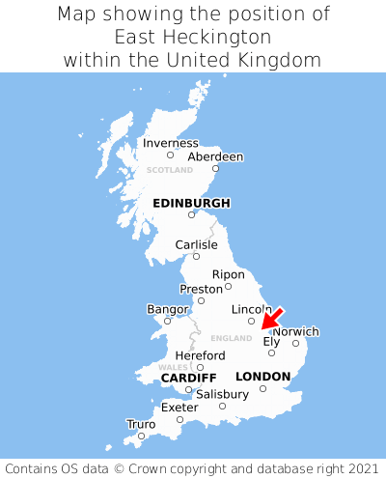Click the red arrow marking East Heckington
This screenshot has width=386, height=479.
[273, 319]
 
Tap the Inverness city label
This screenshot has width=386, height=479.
[171, 143]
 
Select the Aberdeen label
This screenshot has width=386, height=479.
[215, 156]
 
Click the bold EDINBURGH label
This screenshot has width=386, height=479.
[191, 203]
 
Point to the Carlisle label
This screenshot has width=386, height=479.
[196, 244]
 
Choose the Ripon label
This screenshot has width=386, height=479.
[229, 274]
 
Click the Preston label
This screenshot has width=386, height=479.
[202, 289]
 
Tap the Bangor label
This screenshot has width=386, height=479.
[167, 309]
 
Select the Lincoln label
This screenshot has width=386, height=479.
[252, 309]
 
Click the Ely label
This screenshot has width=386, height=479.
[271, 341]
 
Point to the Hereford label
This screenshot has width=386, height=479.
[200, 355]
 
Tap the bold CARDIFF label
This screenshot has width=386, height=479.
[188, 377]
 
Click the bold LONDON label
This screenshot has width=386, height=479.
[262, 377]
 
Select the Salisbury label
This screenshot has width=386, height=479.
[222, 394]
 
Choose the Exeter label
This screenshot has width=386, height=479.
[179, 408]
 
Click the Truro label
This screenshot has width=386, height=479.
[141, 424]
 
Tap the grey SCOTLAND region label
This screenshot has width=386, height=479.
[170, 170]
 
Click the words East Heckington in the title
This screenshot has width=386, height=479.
[192, 37]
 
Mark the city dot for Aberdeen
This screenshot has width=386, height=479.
[216, 169]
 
